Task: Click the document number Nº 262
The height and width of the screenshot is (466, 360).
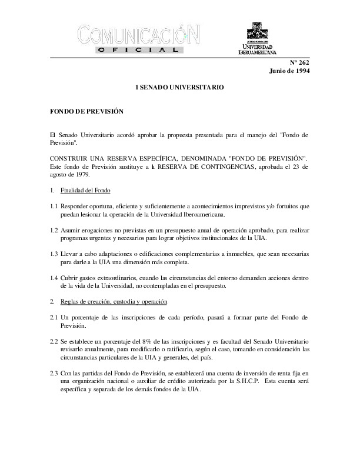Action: click(301, 62)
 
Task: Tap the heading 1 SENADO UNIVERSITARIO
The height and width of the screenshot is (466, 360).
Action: click(180, 87)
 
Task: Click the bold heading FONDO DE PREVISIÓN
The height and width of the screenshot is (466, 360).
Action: click(86, 111)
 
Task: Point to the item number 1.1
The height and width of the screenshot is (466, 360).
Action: click(54, 207)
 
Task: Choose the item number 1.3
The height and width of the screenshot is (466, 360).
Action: click(54, 252)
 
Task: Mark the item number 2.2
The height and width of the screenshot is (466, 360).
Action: click(54, 341)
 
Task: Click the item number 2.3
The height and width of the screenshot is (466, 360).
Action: click(54, 374)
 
